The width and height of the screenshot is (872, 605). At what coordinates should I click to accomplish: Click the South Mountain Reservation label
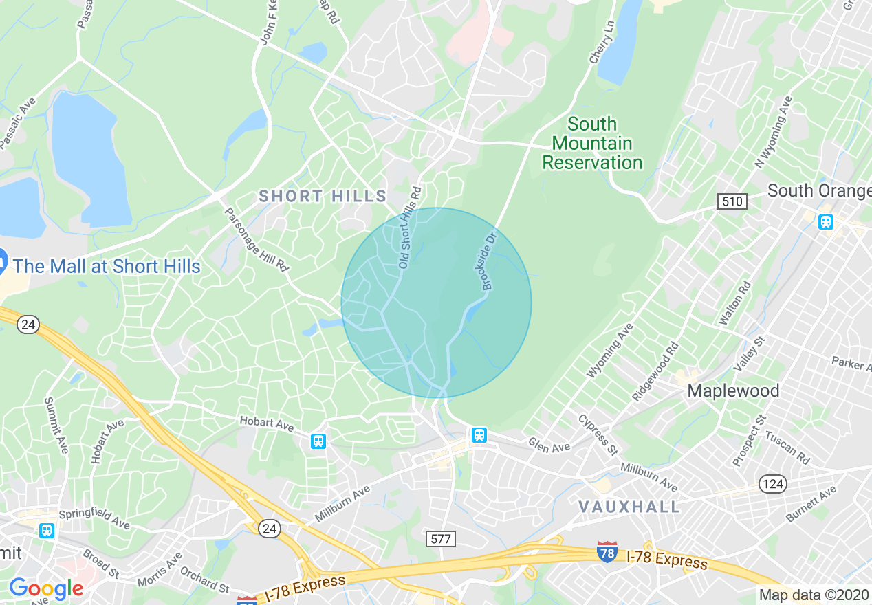click(x=592, y=144)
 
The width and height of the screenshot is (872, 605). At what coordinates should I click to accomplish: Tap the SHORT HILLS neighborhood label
click(x=323, y=197)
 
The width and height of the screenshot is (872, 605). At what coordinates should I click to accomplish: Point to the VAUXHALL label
click(x=629, y=507)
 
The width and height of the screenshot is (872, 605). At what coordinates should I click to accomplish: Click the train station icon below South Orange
click(x=825, y=222)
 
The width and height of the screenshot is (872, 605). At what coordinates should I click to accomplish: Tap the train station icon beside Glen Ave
click(x=479, y=434)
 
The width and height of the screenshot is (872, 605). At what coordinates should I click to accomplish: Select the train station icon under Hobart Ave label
click(x=318, y=441)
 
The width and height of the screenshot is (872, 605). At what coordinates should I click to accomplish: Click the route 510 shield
click(x=731, y=201)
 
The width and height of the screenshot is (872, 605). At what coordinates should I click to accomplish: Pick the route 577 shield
click(x=439, y=538)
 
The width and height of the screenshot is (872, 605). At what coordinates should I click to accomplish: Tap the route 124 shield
click(x=772, y=484)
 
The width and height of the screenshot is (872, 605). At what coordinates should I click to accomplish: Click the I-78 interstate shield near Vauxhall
click(x=607, y=552)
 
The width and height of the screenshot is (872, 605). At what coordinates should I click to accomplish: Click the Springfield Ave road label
click(x=94, y=520)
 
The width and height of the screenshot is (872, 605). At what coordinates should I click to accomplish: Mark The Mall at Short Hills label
click(x=107, y=267)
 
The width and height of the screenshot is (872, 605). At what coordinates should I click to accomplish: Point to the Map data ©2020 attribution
click(x=814, y=594)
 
